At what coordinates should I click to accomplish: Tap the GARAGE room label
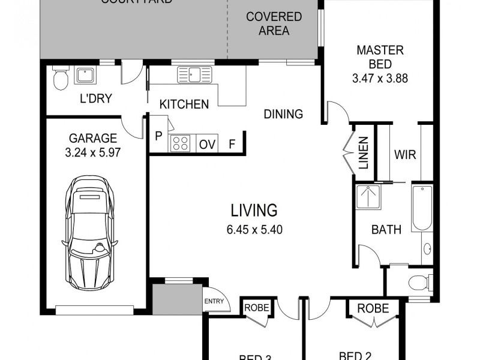(x=93, y=139)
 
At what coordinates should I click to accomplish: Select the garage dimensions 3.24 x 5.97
(x=93, y=152)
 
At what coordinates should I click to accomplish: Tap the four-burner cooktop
(x=181, y=143)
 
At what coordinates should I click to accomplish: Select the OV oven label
(x=207, y=144)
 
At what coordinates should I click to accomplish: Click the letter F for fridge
(x=232, y=144)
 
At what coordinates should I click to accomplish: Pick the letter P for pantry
(x=158, y=136)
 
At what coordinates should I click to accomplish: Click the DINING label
(x=283, y=114)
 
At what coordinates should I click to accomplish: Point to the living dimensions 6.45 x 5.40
(x=254, y=229)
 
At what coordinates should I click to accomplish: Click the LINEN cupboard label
(x=364, y=154)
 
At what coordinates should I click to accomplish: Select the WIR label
(x=404, y=154)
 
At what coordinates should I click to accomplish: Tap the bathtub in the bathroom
(x=422, y=209)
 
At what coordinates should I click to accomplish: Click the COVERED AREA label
(x=274, y=23)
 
